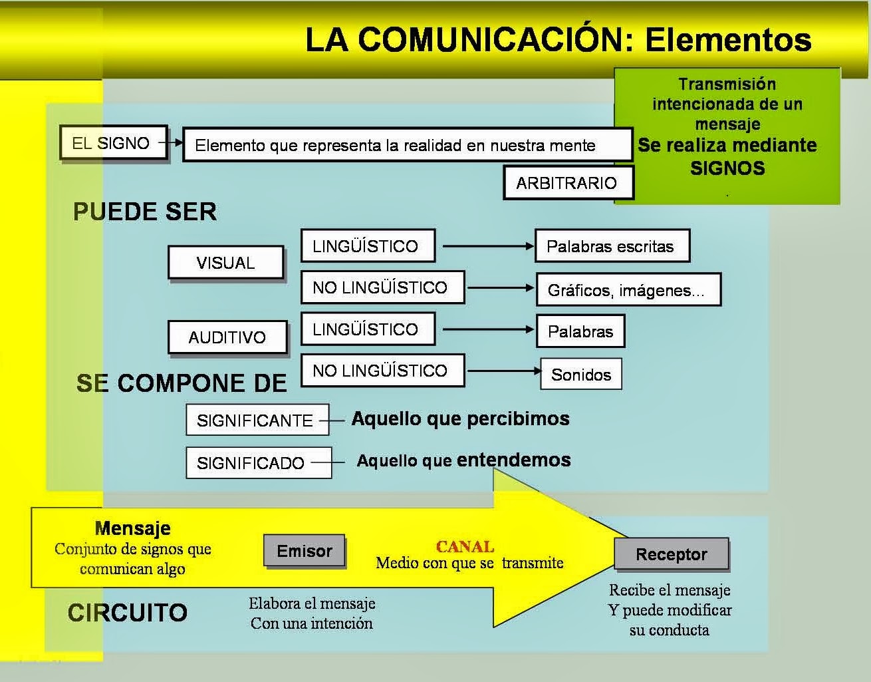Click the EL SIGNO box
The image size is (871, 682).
click(112, 143)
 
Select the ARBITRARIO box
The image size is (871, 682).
click(567, 183)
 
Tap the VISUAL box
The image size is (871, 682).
click(225, 263)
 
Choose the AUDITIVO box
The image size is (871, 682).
click(227, 337)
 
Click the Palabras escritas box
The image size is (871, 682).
click(611, 247)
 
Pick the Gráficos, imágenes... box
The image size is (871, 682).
click(627, 290)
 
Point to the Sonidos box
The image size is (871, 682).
click(581, 375)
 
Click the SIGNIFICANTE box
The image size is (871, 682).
click(257, 421)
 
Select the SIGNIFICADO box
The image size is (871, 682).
click(257, 463)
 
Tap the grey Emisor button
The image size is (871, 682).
click(305, 551)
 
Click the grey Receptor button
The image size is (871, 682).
click(671, 554)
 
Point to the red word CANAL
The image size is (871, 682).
click(465, 547)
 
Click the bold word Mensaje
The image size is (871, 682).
click(133, 528)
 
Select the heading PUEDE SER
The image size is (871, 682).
click(145, 212)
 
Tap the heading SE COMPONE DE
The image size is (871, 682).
click(182, 383)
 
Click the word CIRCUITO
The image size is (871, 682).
click(128, 613)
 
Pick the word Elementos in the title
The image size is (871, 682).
click(728, 39)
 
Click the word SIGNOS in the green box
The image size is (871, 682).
click(727, 168)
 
